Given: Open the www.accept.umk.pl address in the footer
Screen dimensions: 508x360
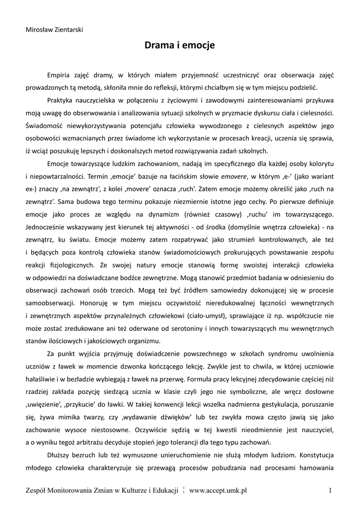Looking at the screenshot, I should tap(218, 491).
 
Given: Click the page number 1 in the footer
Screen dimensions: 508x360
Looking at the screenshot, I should tap(330, 491).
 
